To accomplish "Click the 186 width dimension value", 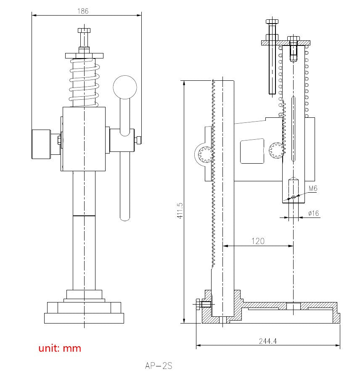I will [83, 11].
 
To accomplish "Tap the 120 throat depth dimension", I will [258, 241].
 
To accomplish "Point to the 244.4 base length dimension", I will [267, 341].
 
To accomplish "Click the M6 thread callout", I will [313, 188].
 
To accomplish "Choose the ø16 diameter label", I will [313, 213].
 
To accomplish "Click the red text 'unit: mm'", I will [60, 348].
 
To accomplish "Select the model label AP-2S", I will [159, 366].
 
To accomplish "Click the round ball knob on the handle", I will [125, 87].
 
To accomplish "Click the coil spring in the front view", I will [85, 82].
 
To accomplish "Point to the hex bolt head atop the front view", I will [84, 31].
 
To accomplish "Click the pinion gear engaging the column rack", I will [206, 154].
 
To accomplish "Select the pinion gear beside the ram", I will [276, 151].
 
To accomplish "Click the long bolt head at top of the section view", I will [272, 21].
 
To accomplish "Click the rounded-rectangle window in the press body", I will [252, 151].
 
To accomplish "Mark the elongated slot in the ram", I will [293, 128].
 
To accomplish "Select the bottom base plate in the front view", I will [84, 318].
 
